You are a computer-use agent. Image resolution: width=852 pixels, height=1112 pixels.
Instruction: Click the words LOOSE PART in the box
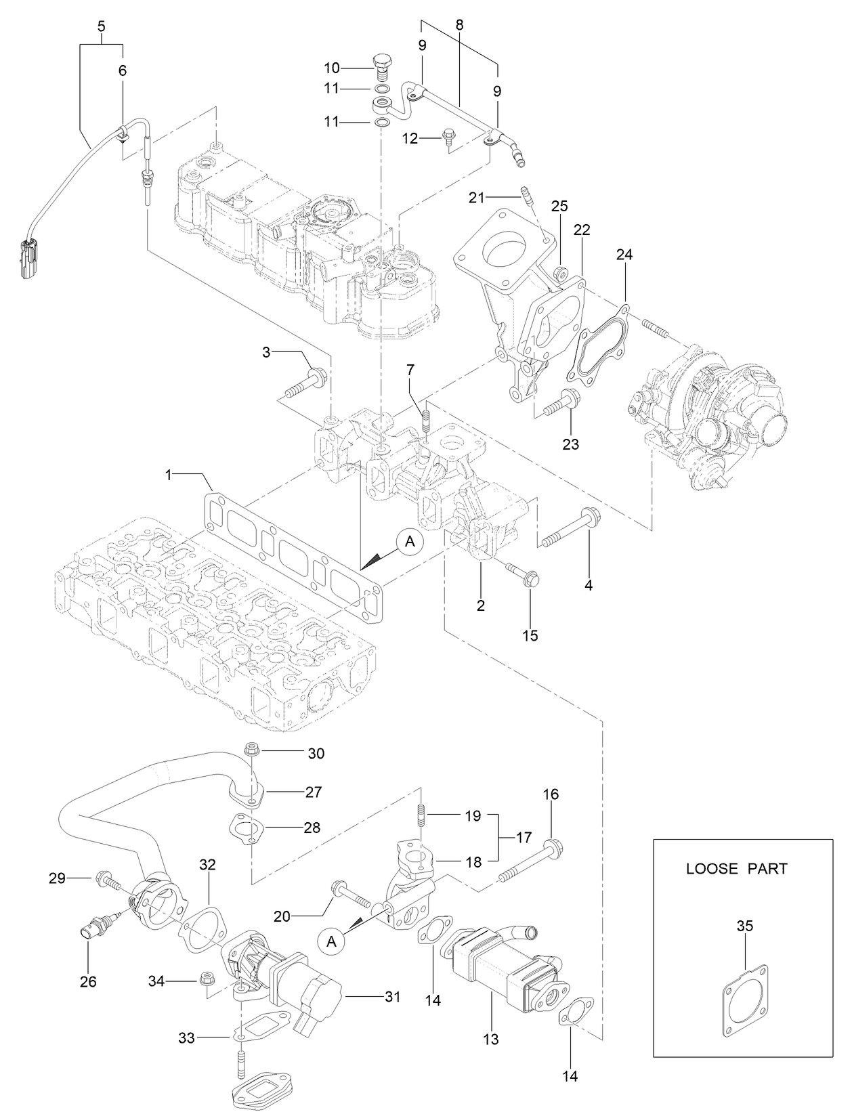point(737,868)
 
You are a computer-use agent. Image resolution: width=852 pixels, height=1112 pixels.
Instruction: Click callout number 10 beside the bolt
point(331,68)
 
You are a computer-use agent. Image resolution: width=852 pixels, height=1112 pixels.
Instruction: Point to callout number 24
point(624,255)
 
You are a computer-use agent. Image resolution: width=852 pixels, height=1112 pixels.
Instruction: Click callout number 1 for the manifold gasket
point(169,477)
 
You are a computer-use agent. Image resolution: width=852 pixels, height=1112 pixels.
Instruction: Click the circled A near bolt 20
point(331,941)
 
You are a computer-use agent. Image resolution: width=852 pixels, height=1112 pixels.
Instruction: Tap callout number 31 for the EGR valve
point(392,997)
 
